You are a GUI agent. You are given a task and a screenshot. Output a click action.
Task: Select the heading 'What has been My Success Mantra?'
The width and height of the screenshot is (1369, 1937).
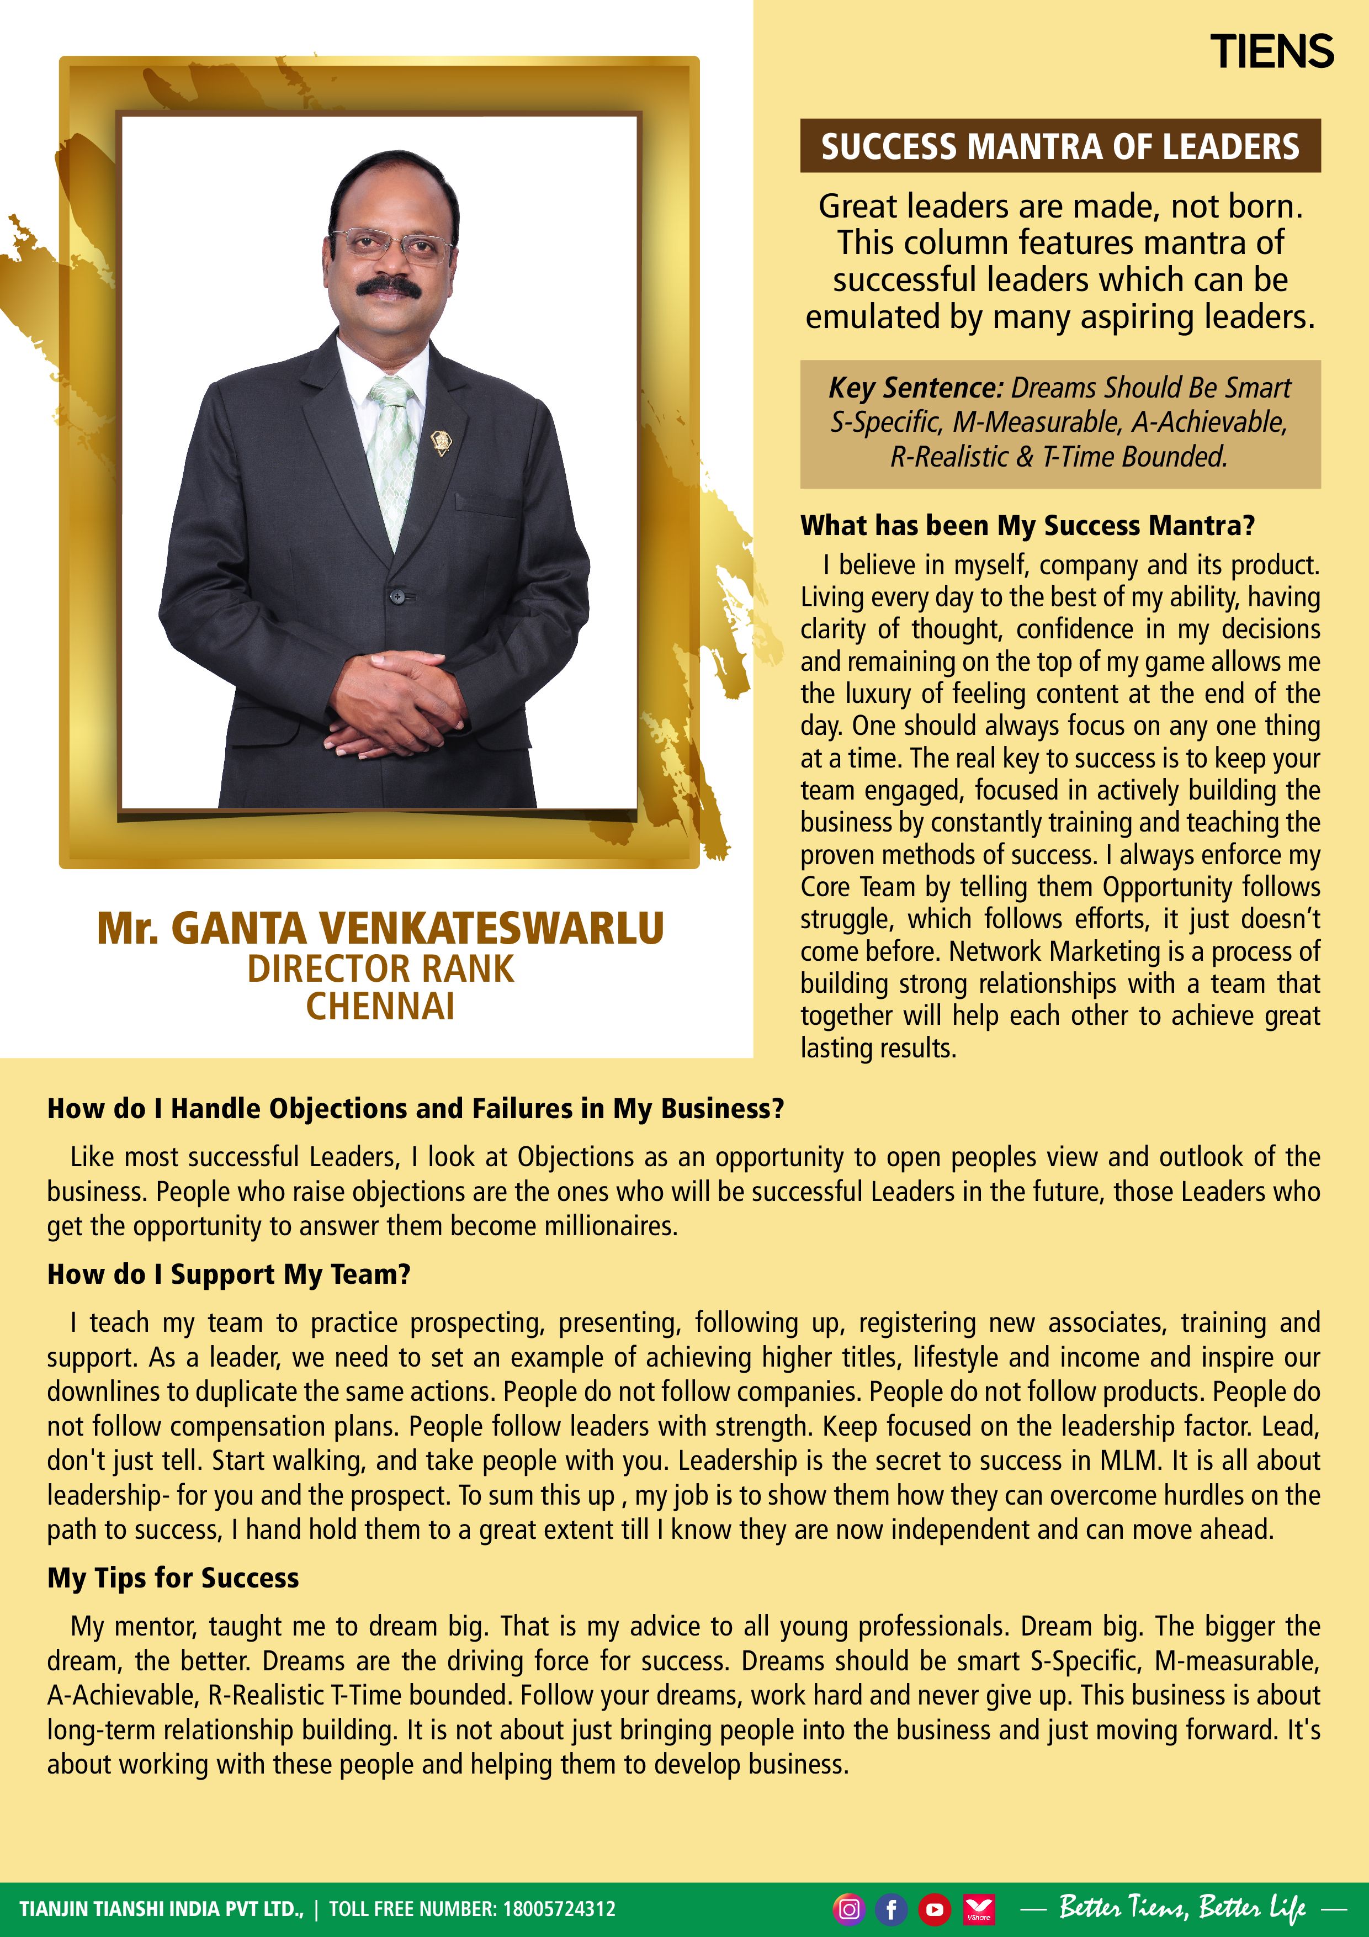[x=1027, y=526]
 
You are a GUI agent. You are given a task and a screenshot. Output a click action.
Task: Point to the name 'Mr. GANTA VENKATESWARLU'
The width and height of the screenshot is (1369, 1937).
[x=380, y=928]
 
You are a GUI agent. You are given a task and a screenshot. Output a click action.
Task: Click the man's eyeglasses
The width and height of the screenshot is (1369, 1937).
[x=391, y=244]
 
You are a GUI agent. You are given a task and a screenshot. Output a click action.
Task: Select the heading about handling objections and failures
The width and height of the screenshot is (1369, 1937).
[x=415, y=1109]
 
